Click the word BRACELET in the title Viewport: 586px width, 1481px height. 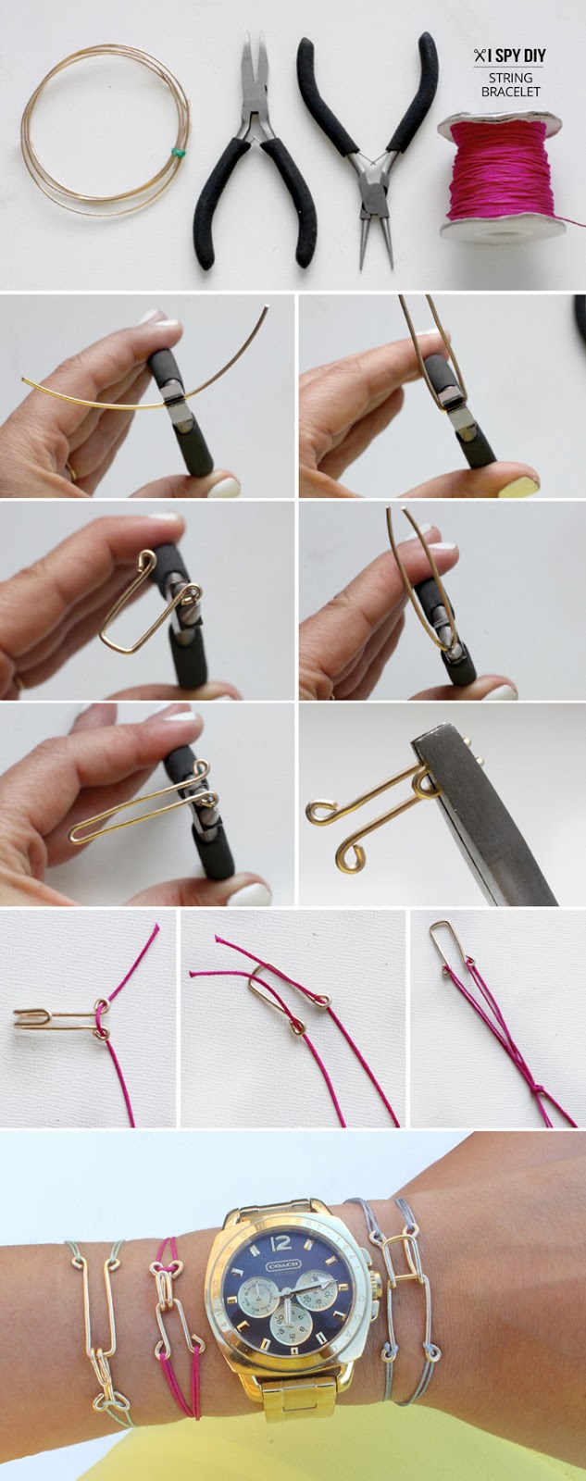pyautogui.click(x=510, y=92)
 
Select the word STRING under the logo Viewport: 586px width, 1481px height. pyautogui.click(x=510, y=78)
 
